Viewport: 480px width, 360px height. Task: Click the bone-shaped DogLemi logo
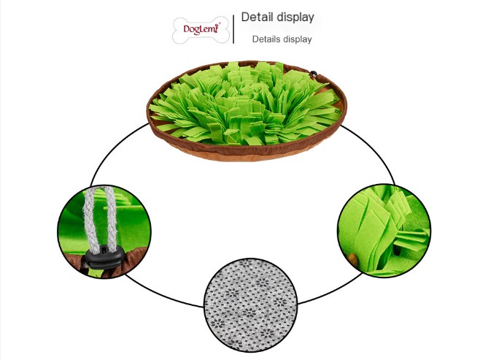[x=201, y=30]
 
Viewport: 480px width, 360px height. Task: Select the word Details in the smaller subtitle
[x=266, y=39]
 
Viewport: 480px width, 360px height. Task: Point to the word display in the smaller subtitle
[x=297, y=39]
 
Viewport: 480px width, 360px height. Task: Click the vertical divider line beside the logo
[x=233, y=29]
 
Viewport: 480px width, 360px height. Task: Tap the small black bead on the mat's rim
[x=314, y=74]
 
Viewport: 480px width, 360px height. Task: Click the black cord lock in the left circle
[x=105, y=257]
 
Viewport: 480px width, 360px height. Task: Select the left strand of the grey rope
[x=90, y=219]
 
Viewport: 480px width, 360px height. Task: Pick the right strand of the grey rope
[x=111, y=218]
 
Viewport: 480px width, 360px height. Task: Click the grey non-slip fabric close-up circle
[x=250, y=305]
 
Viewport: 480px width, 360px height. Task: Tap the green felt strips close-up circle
[x=384, y=231]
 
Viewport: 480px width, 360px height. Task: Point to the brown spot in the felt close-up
[x=352, y=258]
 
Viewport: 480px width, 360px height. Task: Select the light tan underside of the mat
[x=245, y=155]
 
